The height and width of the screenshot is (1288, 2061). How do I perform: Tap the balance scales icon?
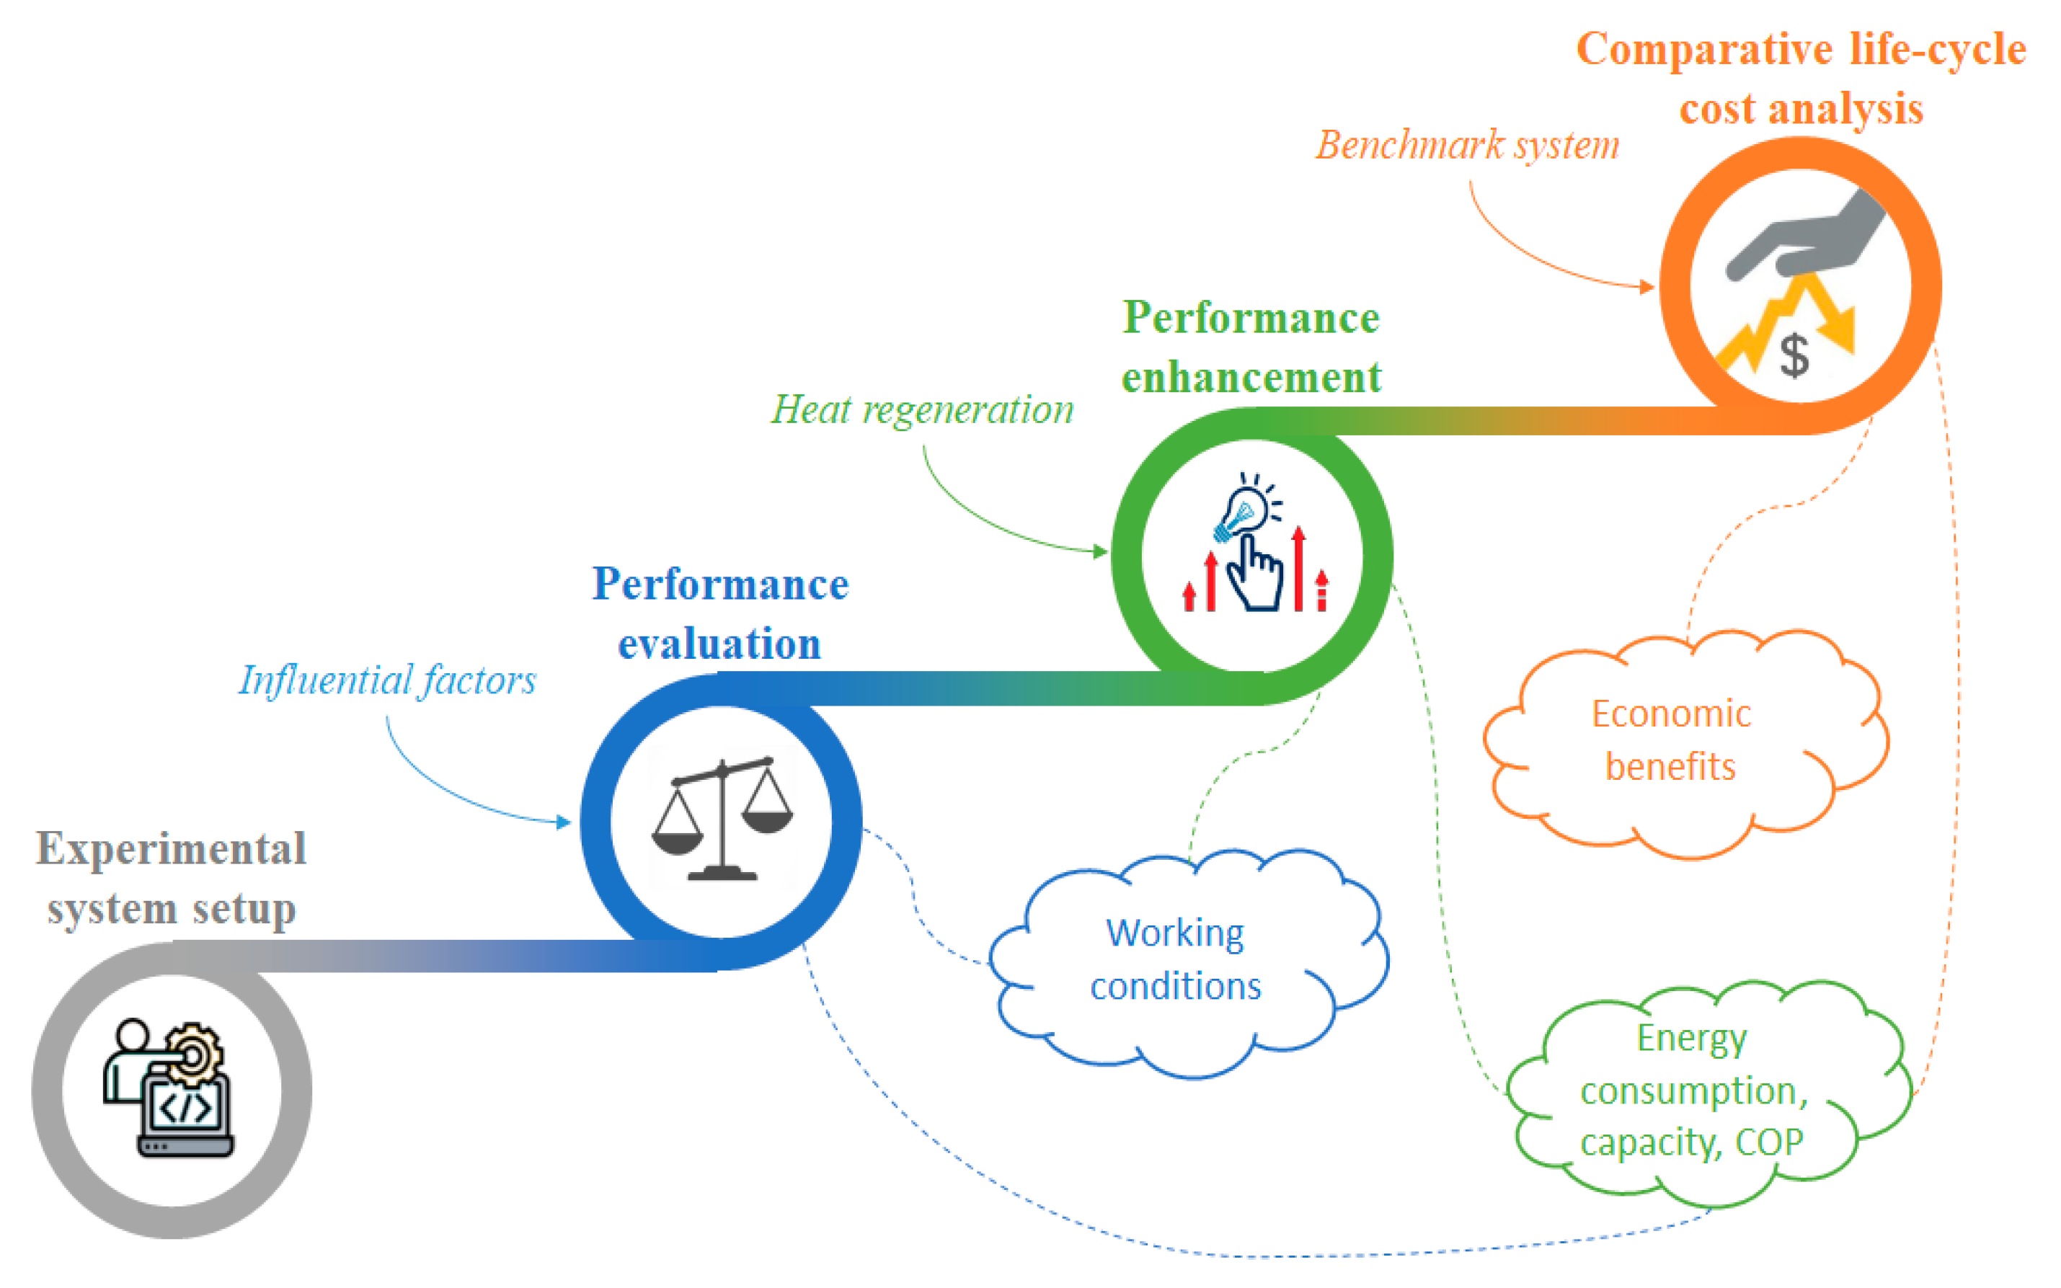(x=722, y=819)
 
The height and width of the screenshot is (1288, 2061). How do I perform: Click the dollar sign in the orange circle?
(x=1794, y=355)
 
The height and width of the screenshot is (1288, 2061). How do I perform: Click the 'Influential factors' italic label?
(x=388, y=680)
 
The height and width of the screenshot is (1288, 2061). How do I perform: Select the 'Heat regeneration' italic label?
(x=922, y=409)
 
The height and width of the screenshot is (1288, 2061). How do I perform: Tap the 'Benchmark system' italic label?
(x=1467, y=145)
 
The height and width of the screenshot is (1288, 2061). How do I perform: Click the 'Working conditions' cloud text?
(x=1175, y=959)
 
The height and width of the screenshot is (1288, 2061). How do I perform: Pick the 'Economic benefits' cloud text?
(x=1670, y=740)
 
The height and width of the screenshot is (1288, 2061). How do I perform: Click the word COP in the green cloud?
(x=1769, y=1142)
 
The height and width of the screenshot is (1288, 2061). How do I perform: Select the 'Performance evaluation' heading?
(x=720, y=613)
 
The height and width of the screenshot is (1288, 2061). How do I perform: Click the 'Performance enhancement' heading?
(x=1251, y=347)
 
